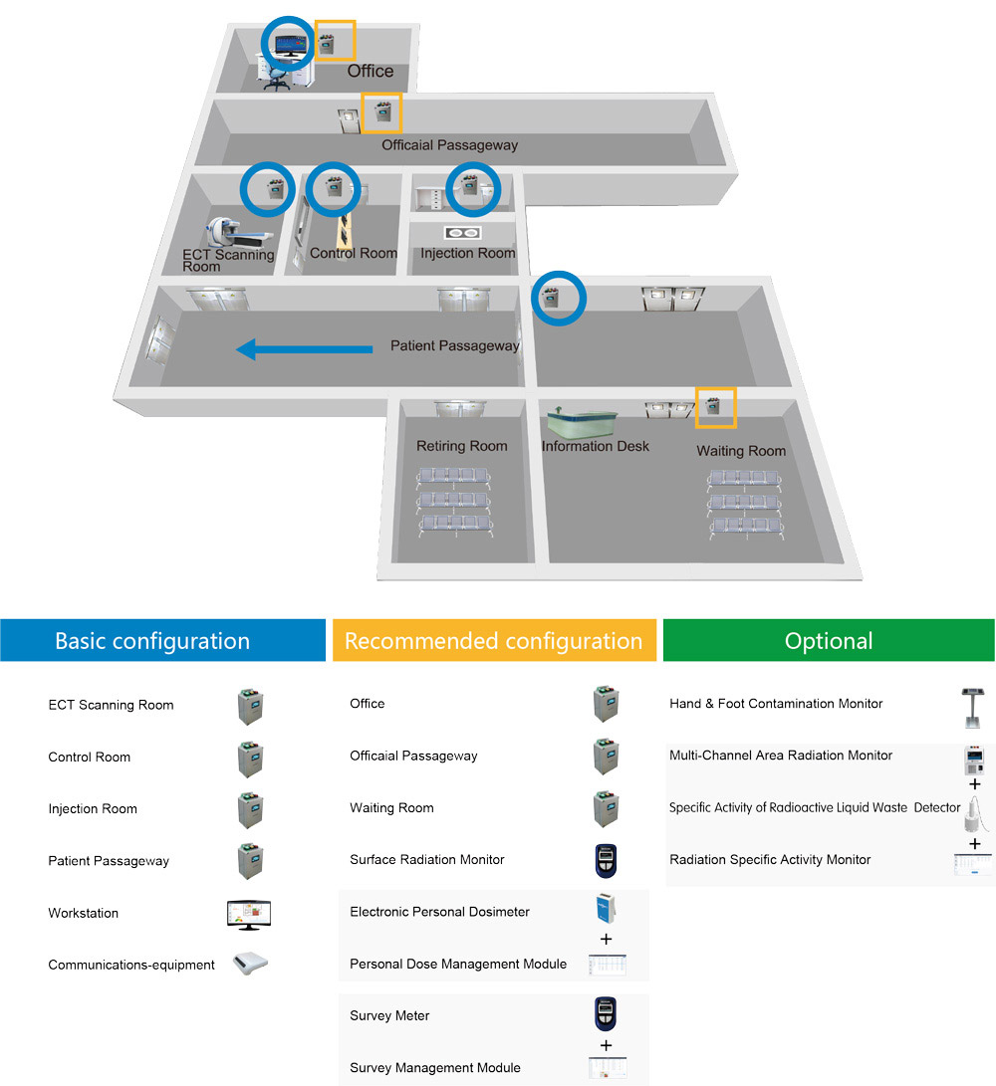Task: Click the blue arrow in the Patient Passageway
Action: click(x=304, y=348)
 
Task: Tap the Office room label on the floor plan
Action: click(x=370, y=71)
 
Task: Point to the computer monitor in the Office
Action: click(x=292, y=46)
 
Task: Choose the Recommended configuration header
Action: click(x=494, y=640)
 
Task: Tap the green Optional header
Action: click(x=829, y=640)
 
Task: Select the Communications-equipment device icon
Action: click(x=250, y=965)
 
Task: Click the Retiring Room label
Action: click(x=461, y=446)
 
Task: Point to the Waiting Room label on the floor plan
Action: click(x=741, y=451)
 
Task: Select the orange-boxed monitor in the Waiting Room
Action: click(x=714, y=406)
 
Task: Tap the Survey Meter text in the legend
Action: click(x=389, y=1015)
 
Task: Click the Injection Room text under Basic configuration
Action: click(x=93, y=808)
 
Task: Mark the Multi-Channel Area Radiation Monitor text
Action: click(x=781, y=756)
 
